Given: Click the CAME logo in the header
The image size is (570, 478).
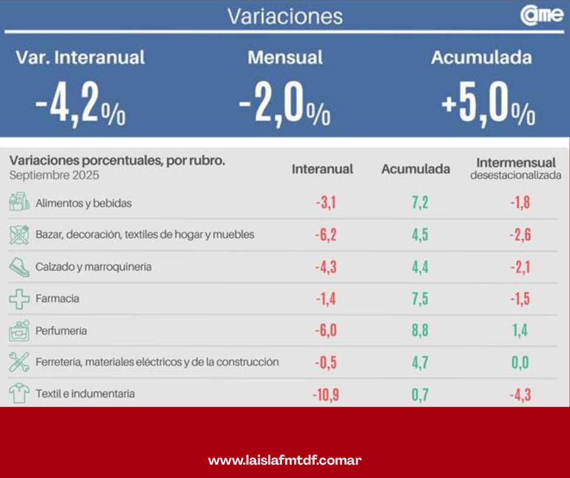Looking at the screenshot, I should point(541,16).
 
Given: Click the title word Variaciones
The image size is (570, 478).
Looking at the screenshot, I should point(285,16).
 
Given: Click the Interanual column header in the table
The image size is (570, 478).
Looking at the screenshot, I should point(322,169).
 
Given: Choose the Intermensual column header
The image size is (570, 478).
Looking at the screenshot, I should point(515,163).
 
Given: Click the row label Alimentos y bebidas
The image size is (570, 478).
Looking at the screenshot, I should point(84,203).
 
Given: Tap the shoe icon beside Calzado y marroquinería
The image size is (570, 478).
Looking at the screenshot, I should point(19,266).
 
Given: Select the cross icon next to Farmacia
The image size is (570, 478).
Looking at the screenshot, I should point(19,298).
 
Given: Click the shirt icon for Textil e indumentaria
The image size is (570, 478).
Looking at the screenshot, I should point(19,394).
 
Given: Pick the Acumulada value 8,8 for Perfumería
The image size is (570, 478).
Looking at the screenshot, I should point(420,331).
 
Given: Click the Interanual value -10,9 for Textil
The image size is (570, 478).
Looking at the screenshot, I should point(326,395).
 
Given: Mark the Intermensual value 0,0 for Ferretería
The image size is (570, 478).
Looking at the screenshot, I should point(519,363).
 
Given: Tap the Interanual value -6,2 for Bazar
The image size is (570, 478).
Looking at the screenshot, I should point(326,235).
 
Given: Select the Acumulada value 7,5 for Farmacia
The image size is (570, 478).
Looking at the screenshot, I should point(420,298).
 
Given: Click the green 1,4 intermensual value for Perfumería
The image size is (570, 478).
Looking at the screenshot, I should point(519,331).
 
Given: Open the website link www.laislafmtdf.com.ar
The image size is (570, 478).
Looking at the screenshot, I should point(285,460).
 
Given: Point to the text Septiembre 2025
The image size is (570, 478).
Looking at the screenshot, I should point(55,175).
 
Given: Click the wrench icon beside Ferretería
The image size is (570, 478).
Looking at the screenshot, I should point(19,362).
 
